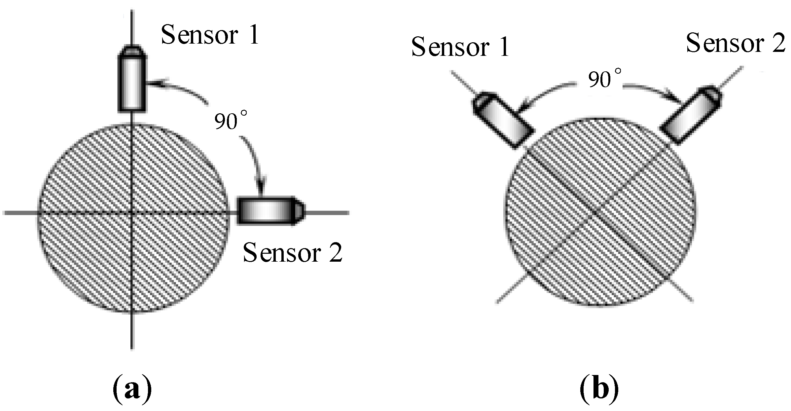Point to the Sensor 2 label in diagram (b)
(x=735, y=44)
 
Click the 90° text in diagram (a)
(x=230, y=121)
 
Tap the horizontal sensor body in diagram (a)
(x=267, y=211)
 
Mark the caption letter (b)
(x=599, y=390)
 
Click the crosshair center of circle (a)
(x=132, y=213)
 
